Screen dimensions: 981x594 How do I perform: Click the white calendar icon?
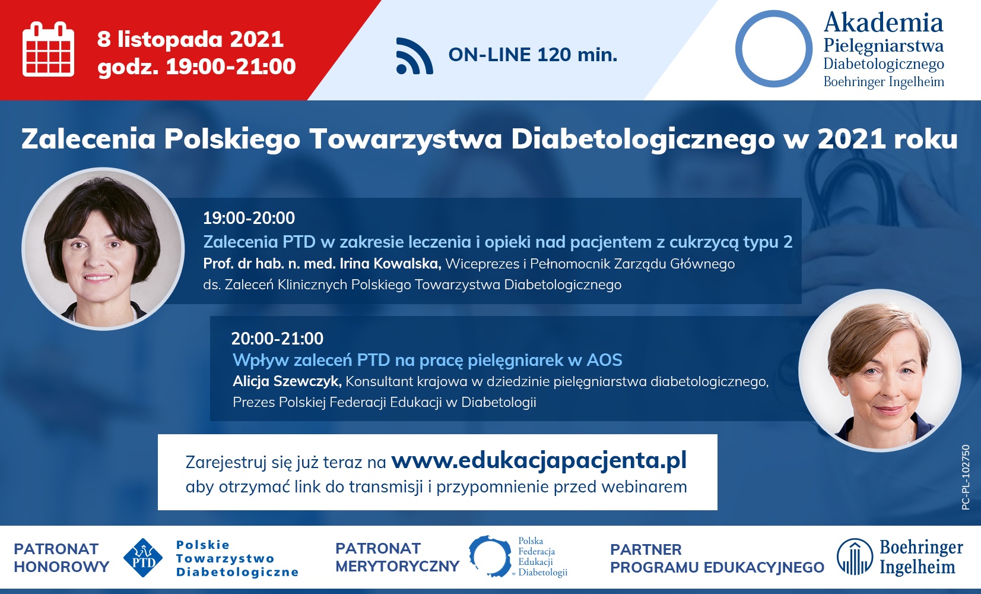pos(48,49)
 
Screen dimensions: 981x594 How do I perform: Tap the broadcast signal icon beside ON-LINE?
pos(414,56)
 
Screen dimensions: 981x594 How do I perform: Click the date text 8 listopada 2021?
pos(190,39)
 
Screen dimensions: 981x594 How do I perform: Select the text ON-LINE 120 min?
pos(532,55)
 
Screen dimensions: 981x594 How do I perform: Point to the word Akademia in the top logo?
pos(883,23)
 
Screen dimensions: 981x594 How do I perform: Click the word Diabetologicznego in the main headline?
pos(643,140)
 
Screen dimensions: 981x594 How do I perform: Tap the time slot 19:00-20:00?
pos(249,218)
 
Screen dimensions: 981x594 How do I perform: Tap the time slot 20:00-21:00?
pos(277,339)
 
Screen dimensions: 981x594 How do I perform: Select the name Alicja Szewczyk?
pos(287,381)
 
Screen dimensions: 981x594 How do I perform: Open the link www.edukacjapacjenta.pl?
pos(539,461)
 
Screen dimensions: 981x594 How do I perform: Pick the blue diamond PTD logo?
pos(143,558)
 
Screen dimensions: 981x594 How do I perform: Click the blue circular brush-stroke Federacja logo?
pos(490,556)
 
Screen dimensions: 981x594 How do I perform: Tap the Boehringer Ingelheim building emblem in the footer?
pos(855,557)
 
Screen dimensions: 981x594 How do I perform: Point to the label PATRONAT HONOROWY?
pos(61,558)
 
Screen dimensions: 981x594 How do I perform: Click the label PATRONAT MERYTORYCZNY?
pos(397,557)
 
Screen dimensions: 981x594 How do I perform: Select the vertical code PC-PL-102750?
pos(966,478)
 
